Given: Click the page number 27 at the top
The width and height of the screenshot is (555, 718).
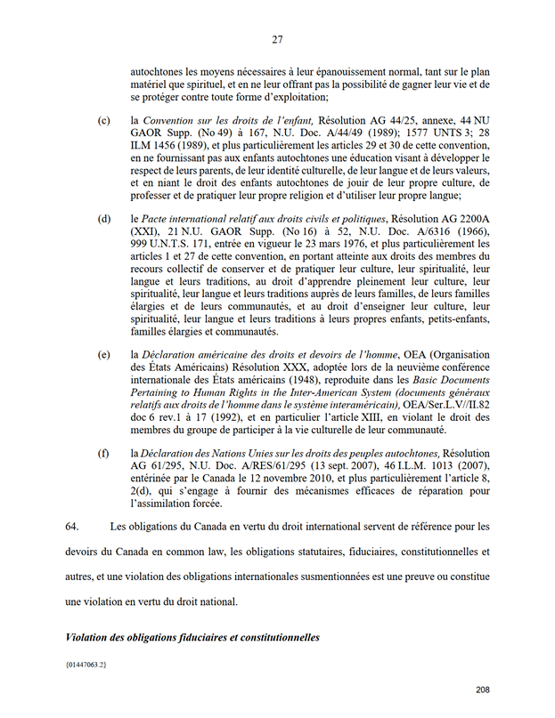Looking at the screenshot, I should tap(277, 39).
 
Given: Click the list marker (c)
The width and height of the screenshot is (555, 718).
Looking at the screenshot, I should tap(104, 119).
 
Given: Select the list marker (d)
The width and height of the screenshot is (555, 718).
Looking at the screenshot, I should tap(104, 219).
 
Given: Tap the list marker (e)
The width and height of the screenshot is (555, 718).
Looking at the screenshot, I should tap(104, 355).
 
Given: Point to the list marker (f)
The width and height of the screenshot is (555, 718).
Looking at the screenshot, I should tap(104, 453).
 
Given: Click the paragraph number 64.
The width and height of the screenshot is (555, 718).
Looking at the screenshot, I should tap(73, 527).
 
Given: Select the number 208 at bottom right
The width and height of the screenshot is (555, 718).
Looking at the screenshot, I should tap(482, 690).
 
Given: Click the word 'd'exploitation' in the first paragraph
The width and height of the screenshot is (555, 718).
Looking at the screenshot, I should tap(290, 96).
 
